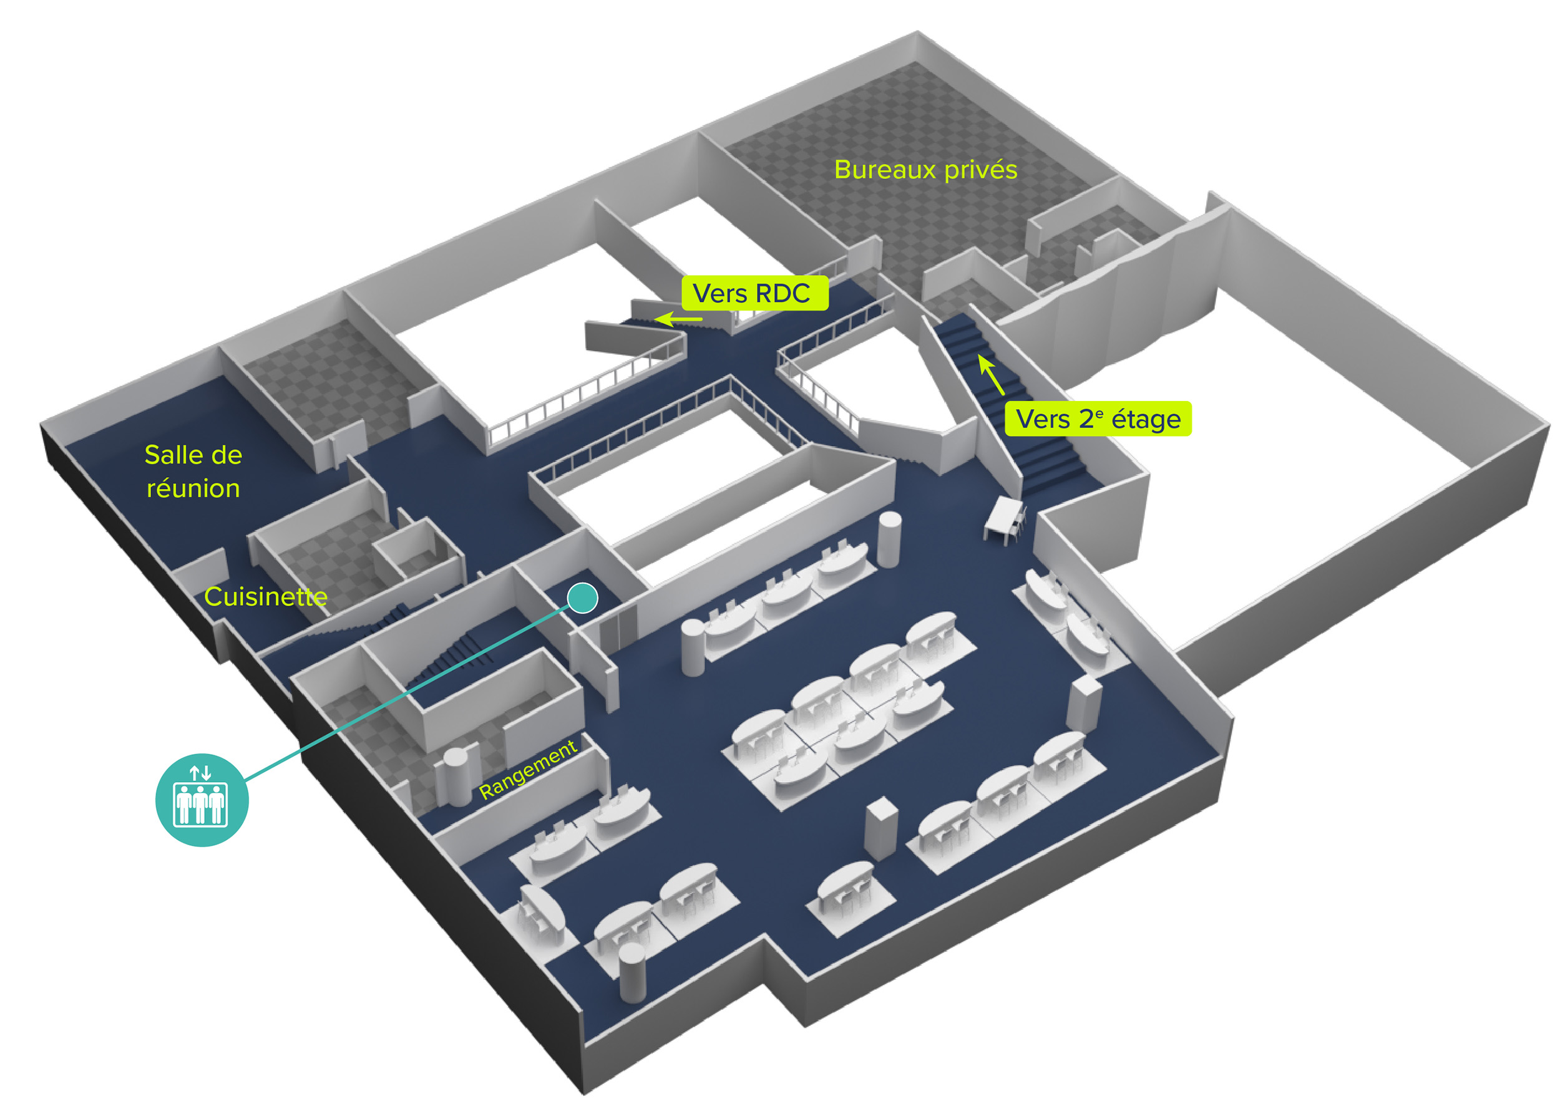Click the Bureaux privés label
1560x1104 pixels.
coord(925,170)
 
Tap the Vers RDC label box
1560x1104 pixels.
coord(755,293)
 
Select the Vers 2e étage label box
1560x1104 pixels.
coord(1098,418)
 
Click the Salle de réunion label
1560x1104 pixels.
coord(193,471)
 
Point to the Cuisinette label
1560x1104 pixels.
coord(266,596)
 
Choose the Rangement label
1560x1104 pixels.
coord(529,769)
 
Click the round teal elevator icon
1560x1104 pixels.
coord(202,800)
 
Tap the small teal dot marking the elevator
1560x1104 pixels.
coord(583,598)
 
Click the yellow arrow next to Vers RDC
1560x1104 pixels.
coord(678,318)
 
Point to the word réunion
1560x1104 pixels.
coord(193,488)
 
